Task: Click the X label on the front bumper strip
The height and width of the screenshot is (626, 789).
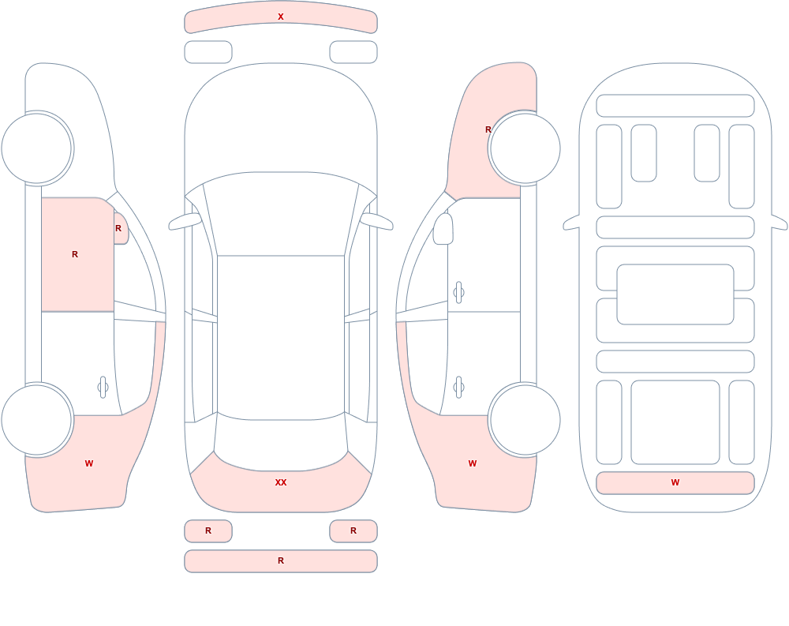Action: [281, 17]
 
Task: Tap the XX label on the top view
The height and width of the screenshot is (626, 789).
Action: [281, 482]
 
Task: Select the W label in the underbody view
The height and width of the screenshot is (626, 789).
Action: [675, 482]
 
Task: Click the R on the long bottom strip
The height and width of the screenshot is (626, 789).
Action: [281, 560]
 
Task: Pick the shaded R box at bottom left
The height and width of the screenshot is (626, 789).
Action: [208, 530]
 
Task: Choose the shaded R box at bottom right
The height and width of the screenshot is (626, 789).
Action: [353, 530]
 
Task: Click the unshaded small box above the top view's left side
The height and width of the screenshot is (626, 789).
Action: [208, 52]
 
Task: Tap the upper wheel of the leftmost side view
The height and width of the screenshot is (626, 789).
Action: [37, 148]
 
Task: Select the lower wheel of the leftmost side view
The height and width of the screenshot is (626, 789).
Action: [37, 419]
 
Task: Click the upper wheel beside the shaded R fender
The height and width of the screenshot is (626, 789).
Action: [525, 148]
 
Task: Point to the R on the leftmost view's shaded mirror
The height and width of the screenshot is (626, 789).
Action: [118, 228]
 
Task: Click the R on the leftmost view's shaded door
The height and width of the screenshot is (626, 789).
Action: [75, 254]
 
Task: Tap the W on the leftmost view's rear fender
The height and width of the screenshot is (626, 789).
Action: [89, 463]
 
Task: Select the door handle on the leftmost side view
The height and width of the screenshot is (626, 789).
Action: [103, 388]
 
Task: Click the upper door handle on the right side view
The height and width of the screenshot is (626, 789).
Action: [458, 292]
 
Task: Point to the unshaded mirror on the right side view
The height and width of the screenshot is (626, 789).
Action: [443, 229]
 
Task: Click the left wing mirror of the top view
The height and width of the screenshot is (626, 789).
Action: [185, 221]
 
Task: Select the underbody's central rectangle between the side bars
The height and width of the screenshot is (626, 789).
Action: [675, 294]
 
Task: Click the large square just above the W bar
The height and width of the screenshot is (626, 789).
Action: [675, 422]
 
